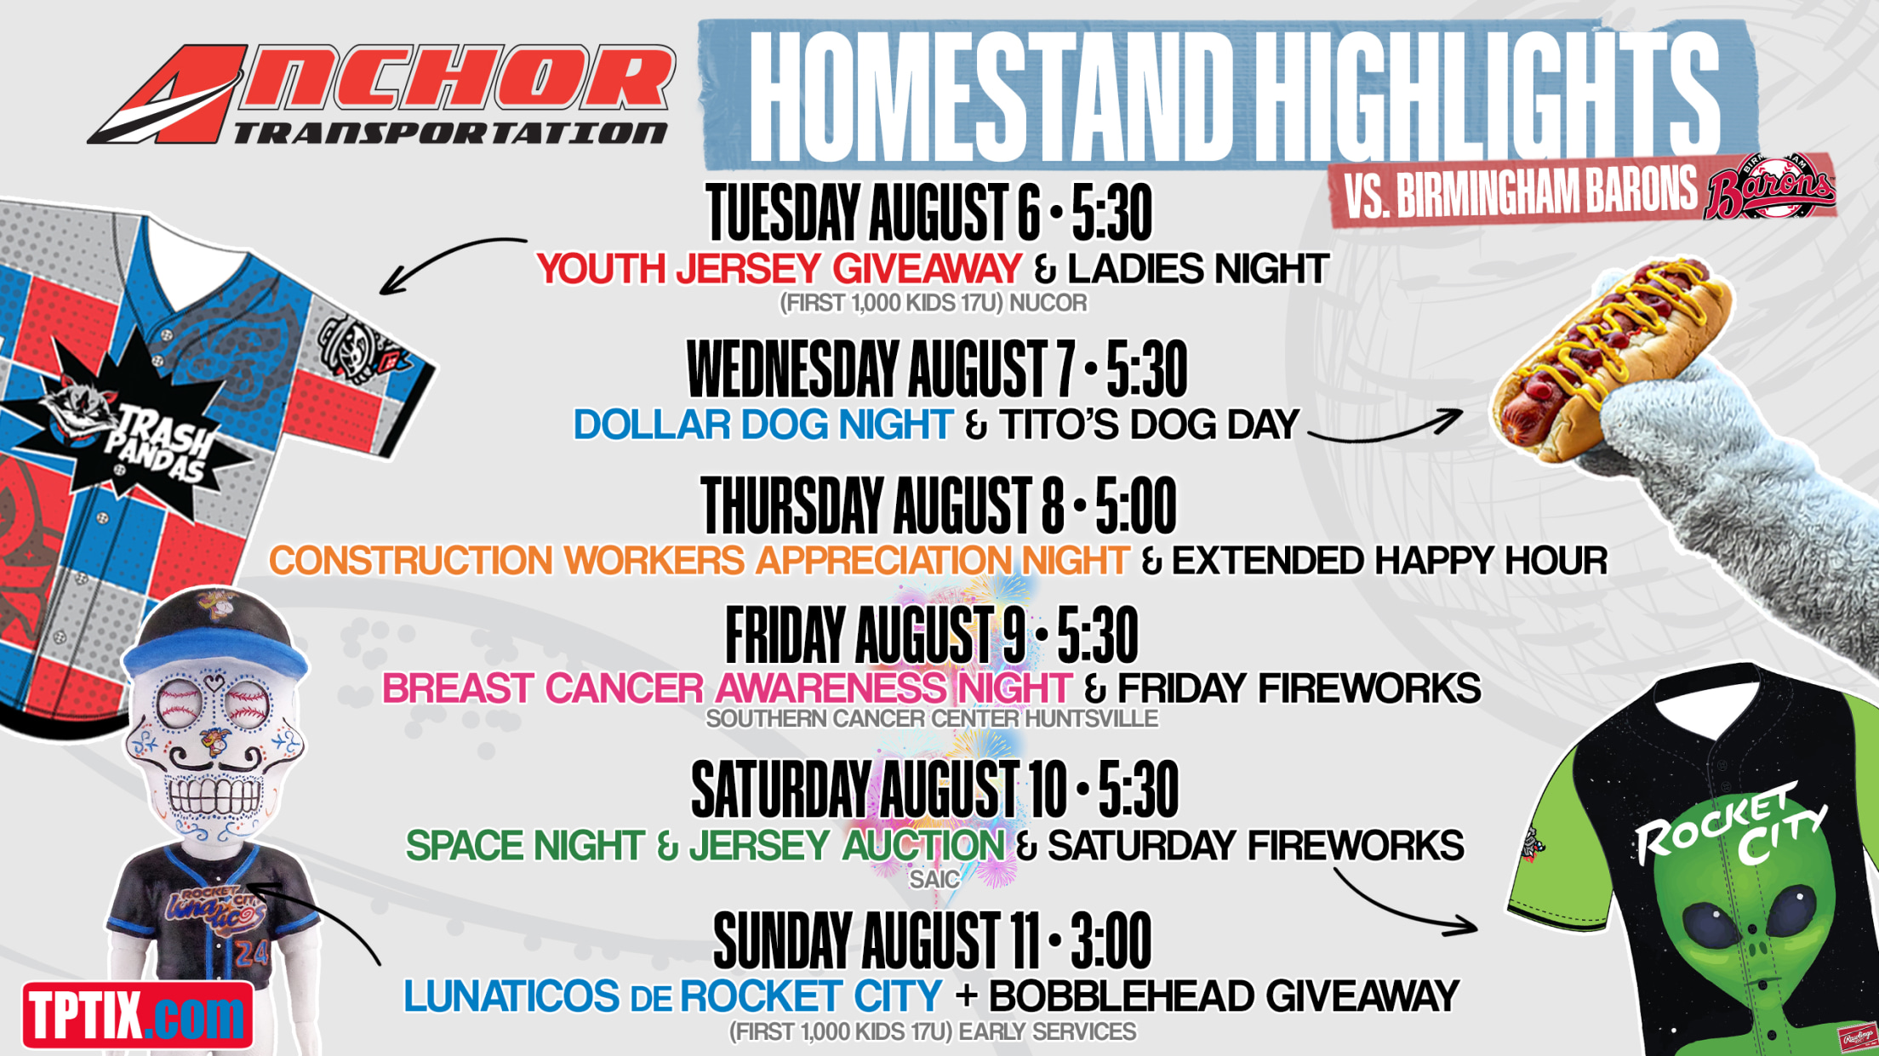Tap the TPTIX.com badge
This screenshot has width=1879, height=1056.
click(x=138, y=1014)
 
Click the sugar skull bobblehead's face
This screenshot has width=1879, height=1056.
click(x=213, y=749)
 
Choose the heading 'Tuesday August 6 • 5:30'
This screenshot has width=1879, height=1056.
click(x=929, y=213)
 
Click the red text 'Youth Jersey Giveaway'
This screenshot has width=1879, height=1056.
click(x=779, y=269)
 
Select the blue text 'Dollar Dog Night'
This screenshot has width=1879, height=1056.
click(x=762, y=425)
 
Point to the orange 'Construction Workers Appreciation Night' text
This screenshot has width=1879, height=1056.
click(x=699, y=561)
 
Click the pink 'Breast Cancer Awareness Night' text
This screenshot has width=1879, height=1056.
click(x=726, y=688)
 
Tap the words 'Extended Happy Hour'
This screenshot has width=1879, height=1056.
click(x=1390, y=561)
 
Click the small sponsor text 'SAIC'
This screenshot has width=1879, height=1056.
click(x=934, y=879)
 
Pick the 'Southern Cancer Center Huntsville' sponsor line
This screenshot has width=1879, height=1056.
click(x=932, y=719)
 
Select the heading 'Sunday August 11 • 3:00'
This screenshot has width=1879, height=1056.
click(x=932, y=941)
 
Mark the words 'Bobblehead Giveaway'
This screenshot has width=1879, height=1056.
click(x=1224, y=996)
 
